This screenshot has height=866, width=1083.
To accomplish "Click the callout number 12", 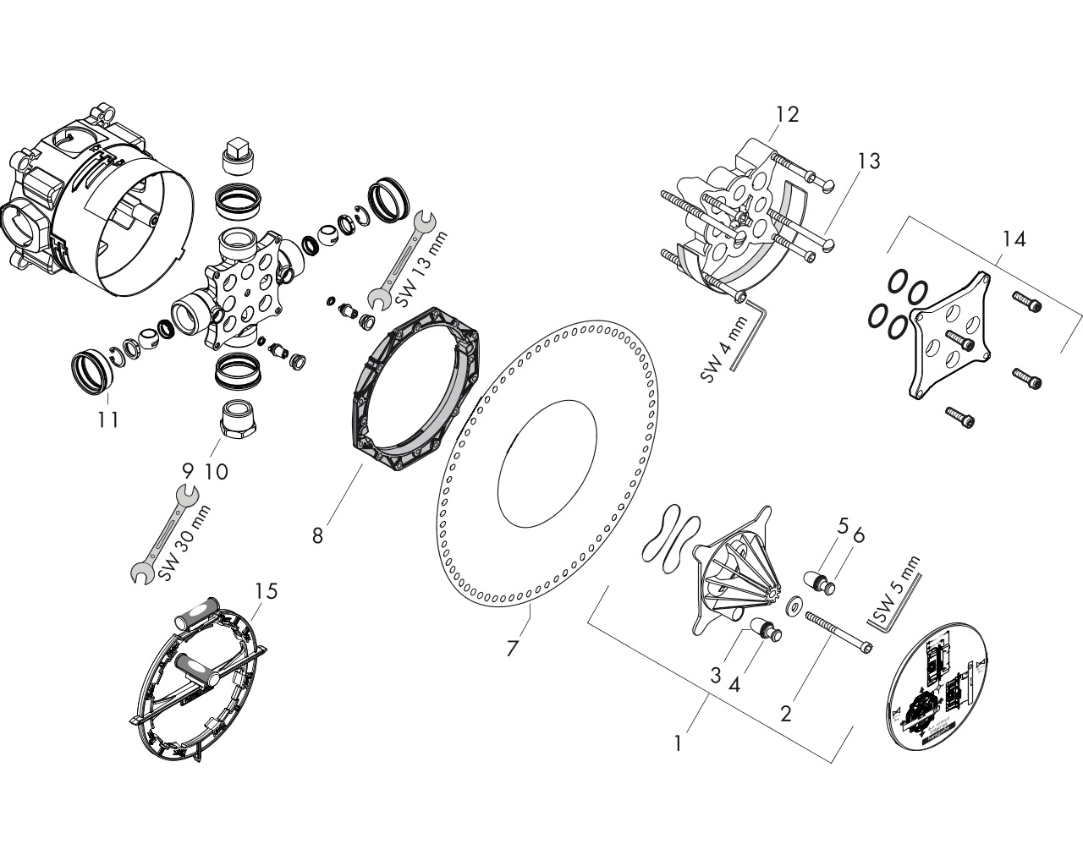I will pyautogui.click(x=786, y=114).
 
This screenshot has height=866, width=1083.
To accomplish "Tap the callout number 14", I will pyautogui.click(x=1014, y=239).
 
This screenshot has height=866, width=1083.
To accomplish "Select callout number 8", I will pyautogui.click(x=317, y=535).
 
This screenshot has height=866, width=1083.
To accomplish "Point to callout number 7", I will pyautogui.click(x=512, y=649).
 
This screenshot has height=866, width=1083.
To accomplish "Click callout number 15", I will pyautogui.click(x=267, y=590).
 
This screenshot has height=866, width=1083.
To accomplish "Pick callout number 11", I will pyautogui.click(x=107, y=419).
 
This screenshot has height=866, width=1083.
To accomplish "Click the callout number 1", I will pyautogui.click(x=678, y=743).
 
